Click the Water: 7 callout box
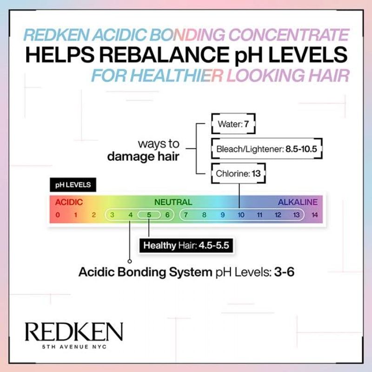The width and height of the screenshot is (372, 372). point(233,124)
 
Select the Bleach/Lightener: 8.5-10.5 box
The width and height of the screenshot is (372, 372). point(266,148)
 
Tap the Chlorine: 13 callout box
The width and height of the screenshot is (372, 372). point(239,173)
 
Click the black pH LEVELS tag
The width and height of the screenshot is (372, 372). point(73,185)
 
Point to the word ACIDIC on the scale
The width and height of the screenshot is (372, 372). point(69,202)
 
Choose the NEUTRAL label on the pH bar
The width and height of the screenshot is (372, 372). point(173,202)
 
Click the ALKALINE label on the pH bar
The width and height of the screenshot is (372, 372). point(298,202)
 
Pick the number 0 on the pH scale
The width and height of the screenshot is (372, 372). point(58,215)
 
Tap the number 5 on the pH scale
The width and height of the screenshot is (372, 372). point(149,215)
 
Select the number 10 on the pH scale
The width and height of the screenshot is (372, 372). point(241,215)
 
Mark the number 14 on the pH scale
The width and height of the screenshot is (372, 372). point(315,215)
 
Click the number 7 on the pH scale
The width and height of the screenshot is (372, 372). point(186,215)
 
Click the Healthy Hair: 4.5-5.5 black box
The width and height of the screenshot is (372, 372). point(186,246)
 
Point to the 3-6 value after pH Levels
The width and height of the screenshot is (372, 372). point(284,272)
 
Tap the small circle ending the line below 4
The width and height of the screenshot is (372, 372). point(130,261)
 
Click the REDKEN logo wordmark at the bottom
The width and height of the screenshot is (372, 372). point(74,332)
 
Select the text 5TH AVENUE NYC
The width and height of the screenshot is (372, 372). point(74,347)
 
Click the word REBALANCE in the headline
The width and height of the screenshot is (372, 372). point(164,55)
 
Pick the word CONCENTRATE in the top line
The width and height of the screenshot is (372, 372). point(289,35)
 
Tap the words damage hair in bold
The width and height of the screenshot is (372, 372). point(143,157)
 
